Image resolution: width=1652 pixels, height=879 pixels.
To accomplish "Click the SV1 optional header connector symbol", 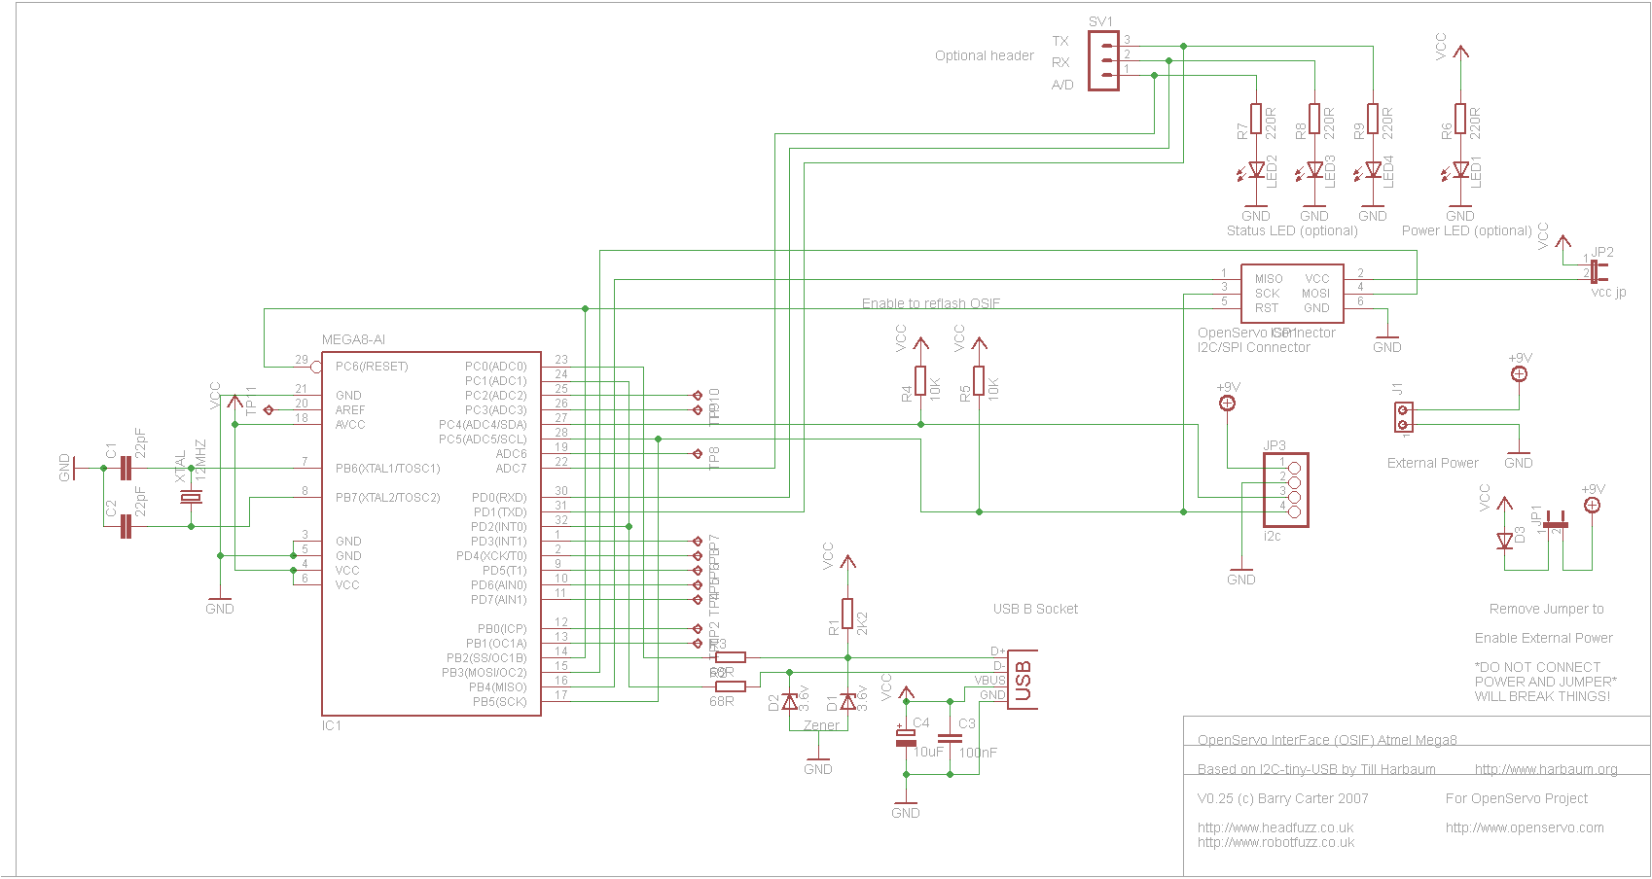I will (1103, 60).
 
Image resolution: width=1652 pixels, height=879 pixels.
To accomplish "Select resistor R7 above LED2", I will (1256, 120).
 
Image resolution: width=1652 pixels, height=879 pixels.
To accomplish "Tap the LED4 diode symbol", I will (1373, 170).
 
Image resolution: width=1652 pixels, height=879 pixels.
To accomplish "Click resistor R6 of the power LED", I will (1460, 120).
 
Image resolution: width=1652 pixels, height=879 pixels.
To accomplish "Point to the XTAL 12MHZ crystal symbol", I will (191, 498).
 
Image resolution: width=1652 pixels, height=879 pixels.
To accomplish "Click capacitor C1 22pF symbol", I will (125, 469).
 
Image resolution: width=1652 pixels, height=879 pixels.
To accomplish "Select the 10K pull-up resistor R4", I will (920, 381).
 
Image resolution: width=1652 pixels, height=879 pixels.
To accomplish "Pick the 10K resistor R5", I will (979, 381).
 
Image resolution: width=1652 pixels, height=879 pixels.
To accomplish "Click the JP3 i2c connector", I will (1286, 490).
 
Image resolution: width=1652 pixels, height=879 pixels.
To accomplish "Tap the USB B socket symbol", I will (1022, 680).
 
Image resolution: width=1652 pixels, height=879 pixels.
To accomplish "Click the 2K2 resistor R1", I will (847, 615).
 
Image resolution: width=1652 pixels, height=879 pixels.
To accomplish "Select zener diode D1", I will (847, 701).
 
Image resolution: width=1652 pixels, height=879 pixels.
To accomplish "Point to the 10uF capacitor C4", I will (906, 737).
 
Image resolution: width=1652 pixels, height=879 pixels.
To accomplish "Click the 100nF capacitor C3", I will (951, 737).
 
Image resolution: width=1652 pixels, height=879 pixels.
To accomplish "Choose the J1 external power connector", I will (1402, 418).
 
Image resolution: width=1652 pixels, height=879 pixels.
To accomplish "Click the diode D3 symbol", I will (1505, 539).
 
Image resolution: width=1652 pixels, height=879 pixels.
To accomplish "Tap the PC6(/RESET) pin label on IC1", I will (371, 367).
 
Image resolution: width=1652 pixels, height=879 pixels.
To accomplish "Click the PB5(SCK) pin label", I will (499, 702).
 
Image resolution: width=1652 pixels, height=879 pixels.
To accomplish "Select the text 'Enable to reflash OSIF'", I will (930, 303).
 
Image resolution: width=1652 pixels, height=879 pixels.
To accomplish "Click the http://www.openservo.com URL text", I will (1524, 828).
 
